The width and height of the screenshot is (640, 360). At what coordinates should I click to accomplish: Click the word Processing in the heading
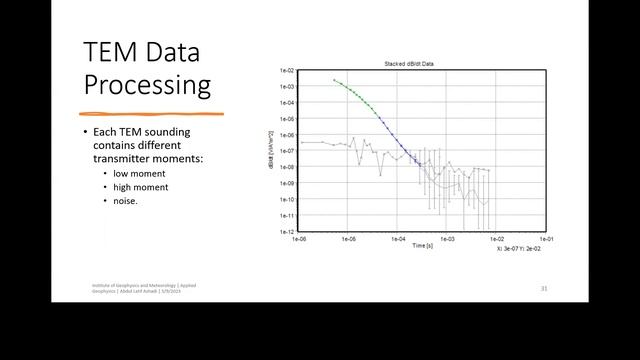147,85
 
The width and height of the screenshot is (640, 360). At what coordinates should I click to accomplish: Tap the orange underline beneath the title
151,113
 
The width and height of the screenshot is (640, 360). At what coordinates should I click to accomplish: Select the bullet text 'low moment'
140,172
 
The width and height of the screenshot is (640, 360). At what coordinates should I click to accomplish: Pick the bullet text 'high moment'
141,186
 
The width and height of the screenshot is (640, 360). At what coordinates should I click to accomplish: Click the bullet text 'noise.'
126,200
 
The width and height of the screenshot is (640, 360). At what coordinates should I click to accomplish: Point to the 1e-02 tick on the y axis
287,71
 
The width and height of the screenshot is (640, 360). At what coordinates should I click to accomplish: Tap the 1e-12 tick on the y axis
287,231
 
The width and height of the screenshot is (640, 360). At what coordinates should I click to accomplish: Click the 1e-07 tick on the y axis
287,151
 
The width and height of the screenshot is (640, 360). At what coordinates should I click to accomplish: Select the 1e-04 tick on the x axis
397,240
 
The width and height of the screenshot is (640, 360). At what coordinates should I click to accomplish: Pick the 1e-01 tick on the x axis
545,240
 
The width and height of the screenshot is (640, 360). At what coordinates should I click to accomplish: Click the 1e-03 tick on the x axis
447,240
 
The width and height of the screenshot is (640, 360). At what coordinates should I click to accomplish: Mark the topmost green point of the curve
334,80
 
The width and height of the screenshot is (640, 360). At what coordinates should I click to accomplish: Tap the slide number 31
544,288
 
